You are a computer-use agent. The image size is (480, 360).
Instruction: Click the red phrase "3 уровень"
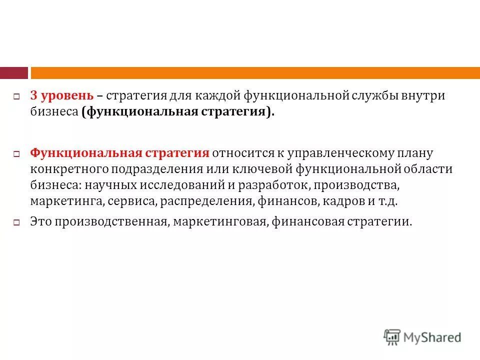pos(61,95)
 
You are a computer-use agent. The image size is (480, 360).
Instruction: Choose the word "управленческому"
pos(338,152)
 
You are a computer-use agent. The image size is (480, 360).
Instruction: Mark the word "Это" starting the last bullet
pos(41,221)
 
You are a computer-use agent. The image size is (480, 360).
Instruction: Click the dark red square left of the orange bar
pos(13,73)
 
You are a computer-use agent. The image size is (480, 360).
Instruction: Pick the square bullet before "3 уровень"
pos(16,96)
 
